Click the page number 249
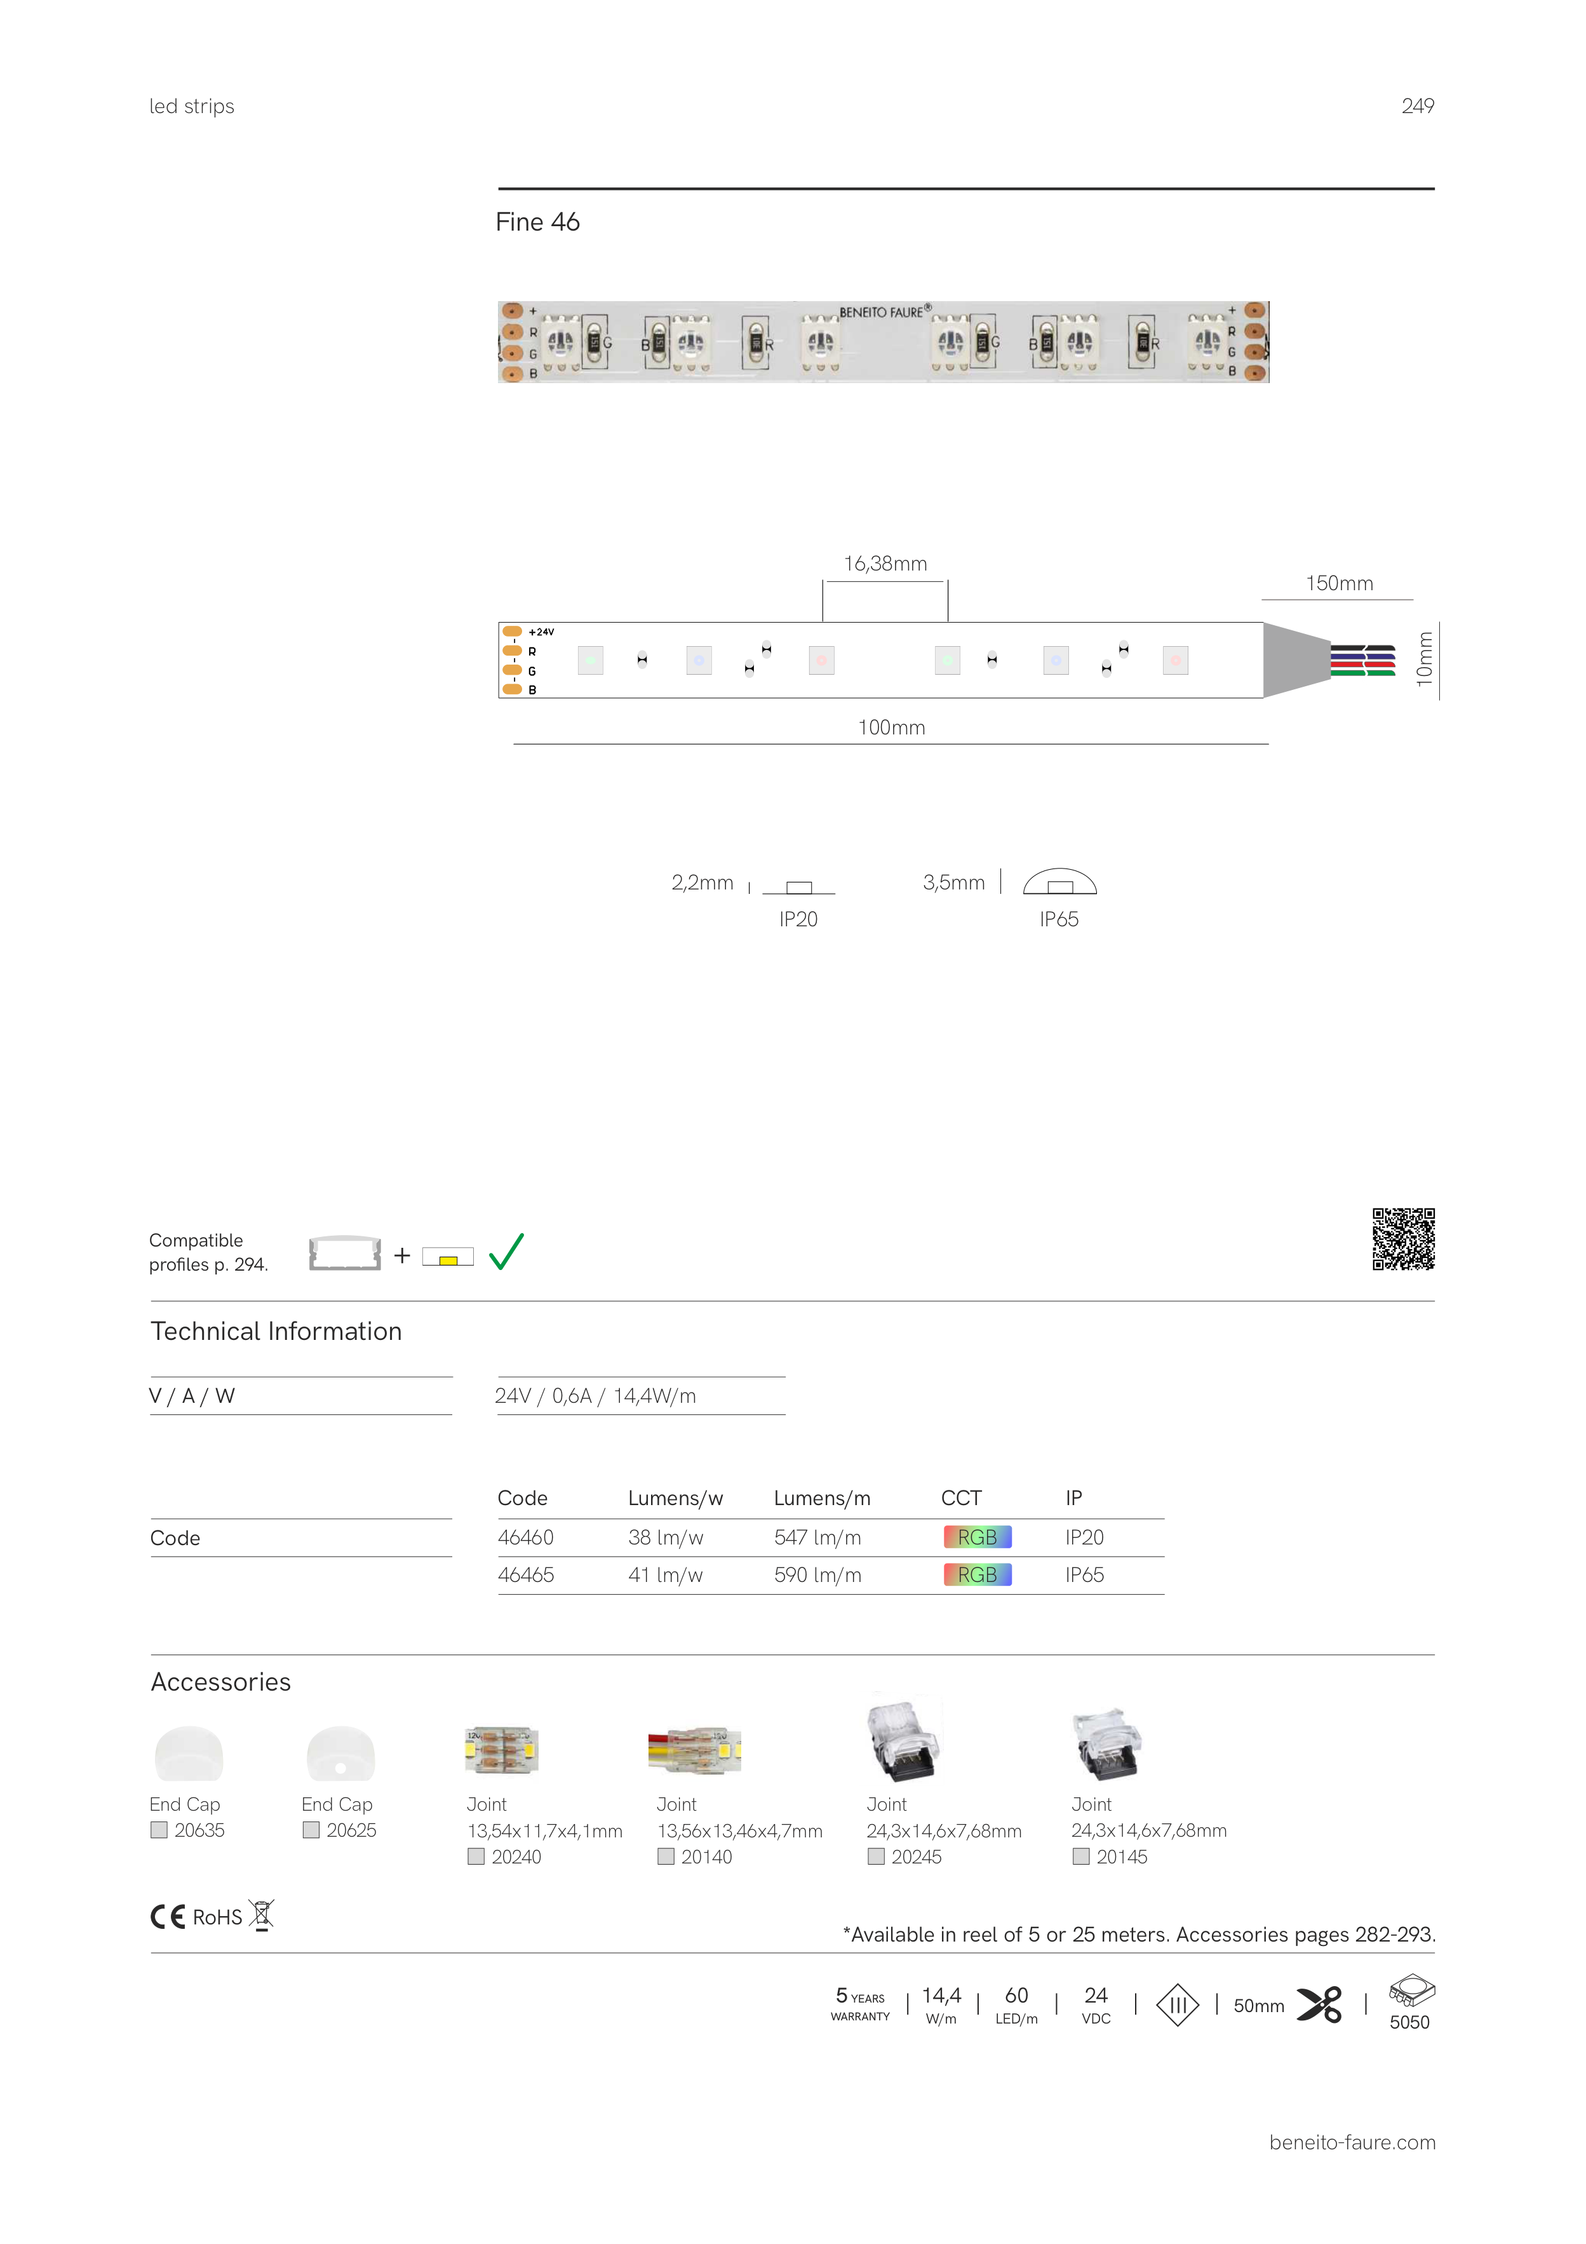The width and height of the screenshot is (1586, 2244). (1417, 107)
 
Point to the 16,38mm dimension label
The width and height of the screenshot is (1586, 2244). (885, 564)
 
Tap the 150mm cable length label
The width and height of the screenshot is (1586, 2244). (1339, 583)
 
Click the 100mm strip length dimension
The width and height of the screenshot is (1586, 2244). (891, 727)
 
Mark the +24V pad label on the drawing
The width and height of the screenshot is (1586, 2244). (541, 632)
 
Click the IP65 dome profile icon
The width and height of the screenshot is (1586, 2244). (1059, 882)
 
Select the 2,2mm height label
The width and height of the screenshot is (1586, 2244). (702, 882)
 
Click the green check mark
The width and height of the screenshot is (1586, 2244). (506, 1252)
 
